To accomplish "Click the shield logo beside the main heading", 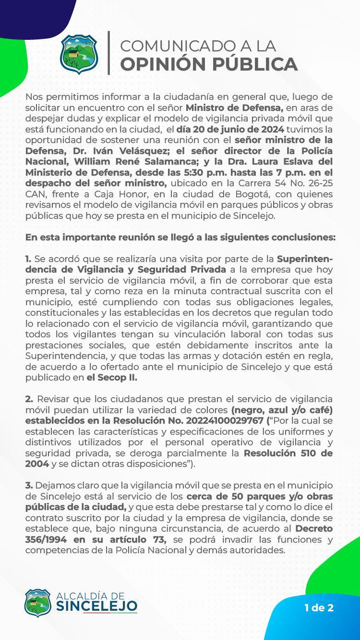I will [79, 54].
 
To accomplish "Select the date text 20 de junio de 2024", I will [230, 129].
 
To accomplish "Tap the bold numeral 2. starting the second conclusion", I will [29, 399].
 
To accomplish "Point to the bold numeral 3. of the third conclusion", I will [29, 486].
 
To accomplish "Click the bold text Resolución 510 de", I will [288, 453].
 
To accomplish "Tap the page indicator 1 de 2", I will [319, 608].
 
